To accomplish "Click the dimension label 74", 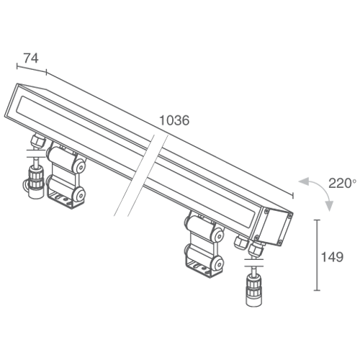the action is click(x=31, y=58).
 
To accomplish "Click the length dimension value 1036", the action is click(x=174, y=120).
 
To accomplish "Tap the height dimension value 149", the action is click(x=332, y=257).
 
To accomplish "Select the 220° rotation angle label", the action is click(x=342, y=184).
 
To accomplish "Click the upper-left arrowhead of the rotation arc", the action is click(x=304, y=181).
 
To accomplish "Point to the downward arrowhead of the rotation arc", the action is click(x=330, y=206).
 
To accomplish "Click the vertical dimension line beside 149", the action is click(x=317, y=255).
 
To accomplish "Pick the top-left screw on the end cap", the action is click(x=266, y=211).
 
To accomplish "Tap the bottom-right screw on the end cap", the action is click(x=280, y=243).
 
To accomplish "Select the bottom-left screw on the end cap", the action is click(x=256, y=238).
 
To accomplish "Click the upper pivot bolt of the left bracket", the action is click(x=81, y=166).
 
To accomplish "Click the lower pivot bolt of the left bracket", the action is click(x=80, y=195).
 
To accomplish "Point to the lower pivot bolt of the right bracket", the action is click(x=218, y=264).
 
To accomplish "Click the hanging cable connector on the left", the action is click(x=36, y=181).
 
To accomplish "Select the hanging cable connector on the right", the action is click(x=254, y=290).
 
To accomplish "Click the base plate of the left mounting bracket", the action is click(x=63, y=199).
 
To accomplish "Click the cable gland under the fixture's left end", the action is click(x=38, y=140).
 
